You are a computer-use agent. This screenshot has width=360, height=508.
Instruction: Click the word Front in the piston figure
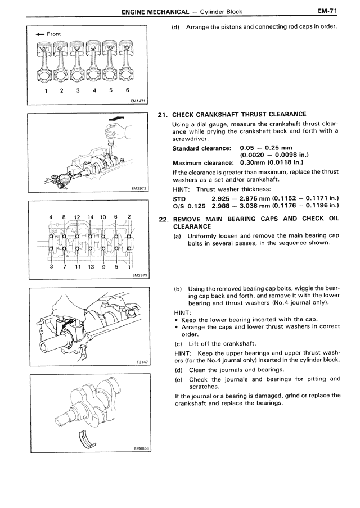[x=54, y=34]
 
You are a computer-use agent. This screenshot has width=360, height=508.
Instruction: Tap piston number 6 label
[x=128, y=90]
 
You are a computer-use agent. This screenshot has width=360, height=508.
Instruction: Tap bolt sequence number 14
[x=90, y=217]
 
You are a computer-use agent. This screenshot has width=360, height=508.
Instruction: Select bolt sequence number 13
[x=90, y=267]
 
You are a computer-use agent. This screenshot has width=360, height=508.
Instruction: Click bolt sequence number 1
[x=129, y=267]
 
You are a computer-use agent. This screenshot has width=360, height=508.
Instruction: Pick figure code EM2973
[x=138, y=276]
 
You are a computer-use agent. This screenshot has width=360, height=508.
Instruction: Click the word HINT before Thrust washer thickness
[x=182, y=189]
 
